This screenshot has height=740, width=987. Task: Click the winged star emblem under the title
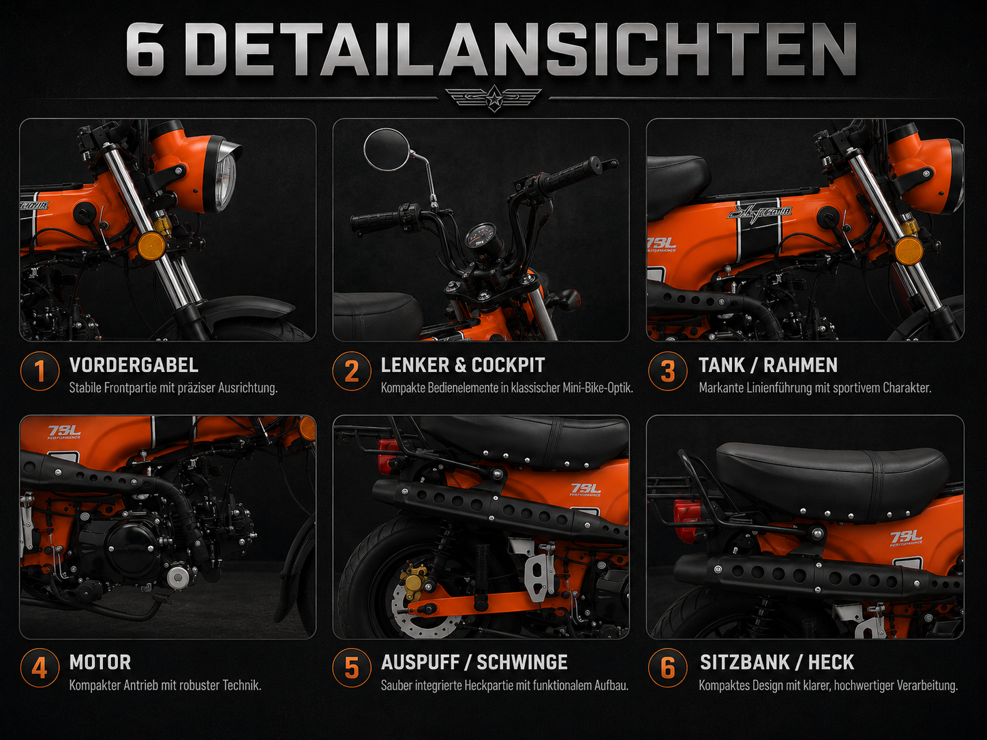[x=494, y=98]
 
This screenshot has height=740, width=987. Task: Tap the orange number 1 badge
[x=40, y=371]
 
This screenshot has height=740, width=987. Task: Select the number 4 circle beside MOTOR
[x=40, y=668]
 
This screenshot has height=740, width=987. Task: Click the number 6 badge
[x=668, y=668]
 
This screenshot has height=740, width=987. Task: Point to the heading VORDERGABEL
[x=134, y=365]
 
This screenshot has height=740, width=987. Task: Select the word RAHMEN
[x=800, y=365]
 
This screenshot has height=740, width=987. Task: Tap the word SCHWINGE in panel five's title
[x=522, y=662]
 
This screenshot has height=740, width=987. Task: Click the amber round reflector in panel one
[x=151, y=246]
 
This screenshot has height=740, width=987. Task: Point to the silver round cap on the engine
[x=178, y=578]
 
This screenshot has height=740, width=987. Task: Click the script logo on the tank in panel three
[x=759, y=211]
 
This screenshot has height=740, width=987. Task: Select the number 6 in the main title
[x=145, y=48]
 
